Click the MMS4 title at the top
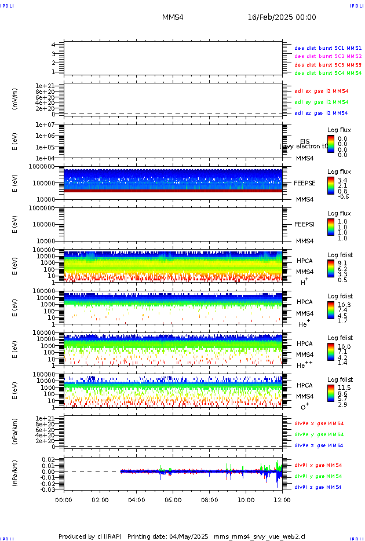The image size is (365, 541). (173, 17)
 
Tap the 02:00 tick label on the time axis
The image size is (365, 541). (100, 499)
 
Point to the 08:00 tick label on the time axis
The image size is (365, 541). (210, 499)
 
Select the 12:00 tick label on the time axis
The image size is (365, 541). (282, 499)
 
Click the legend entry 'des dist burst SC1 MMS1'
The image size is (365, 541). (328, 48)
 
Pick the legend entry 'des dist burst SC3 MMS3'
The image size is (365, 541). (328, 65)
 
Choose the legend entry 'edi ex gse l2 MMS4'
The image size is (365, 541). (322, 91)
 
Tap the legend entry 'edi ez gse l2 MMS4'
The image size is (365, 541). (322, 113)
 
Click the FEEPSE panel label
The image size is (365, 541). (305, 182)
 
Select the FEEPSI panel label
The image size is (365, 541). (305, 224)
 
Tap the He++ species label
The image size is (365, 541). (305, 365)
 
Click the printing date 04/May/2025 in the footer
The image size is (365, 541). (192, 536)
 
